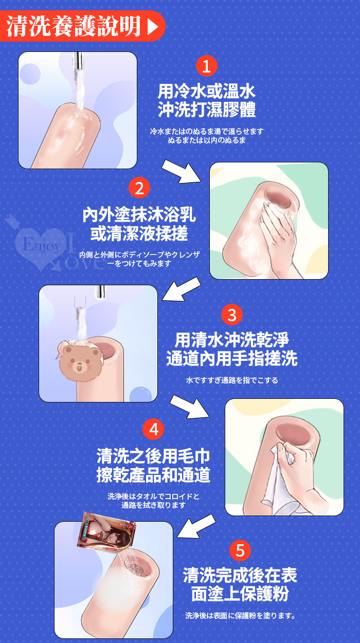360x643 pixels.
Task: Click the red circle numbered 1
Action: coord(206,66)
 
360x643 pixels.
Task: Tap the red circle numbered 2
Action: coord(139,188)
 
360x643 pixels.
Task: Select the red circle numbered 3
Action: coord(232,315)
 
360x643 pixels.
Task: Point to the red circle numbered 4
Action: coord(153,429)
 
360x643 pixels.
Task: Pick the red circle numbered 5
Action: coord(240,550)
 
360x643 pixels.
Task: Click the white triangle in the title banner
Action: coord(153,27)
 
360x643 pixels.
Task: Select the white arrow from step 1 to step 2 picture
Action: coord(182,172)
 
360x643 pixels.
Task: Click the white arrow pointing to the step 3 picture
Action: coord(182,289)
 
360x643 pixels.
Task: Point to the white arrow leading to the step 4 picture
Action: coord(189,407)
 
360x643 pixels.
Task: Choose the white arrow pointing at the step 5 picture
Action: coord(196,526)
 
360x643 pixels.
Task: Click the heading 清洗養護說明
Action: coord(74,26)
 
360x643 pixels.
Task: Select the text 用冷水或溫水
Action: coord(206,91)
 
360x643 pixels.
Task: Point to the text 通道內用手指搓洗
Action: coord(232,359)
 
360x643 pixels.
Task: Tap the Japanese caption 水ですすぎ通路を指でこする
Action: coord(232,380)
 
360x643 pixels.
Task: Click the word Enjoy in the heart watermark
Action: coord(42,245)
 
